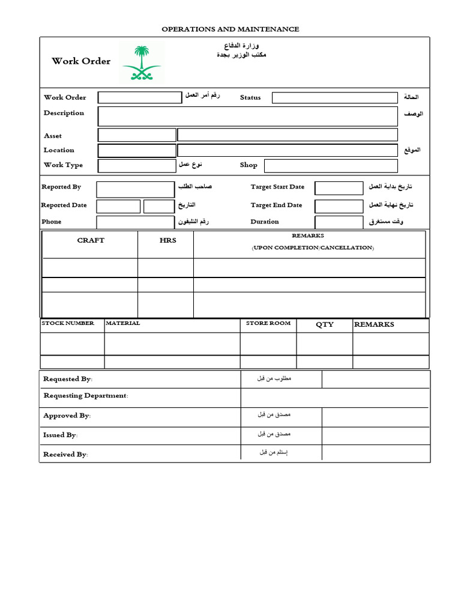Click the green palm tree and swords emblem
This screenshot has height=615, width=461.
142,63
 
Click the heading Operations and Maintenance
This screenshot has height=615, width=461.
230,29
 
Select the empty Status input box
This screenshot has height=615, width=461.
334,98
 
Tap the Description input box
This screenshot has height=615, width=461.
247,116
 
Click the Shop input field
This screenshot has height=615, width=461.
331,166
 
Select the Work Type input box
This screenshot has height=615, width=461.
136,166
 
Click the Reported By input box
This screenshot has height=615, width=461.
135,189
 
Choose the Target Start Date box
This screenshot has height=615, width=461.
339,188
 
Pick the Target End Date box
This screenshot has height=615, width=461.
339,206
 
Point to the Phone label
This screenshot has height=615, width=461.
52,222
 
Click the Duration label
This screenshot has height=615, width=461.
265,222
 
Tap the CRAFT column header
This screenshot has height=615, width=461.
91,240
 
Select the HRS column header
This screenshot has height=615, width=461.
167,240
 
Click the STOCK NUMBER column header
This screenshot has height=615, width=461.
68,323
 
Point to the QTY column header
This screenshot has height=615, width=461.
325,324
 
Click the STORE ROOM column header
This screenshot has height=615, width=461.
268,323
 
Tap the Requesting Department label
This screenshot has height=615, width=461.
85,396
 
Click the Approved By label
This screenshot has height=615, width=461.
67,416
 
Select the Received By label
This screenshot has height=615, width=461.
65,455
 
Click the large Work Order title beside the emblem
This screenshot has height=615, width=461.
81,61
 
